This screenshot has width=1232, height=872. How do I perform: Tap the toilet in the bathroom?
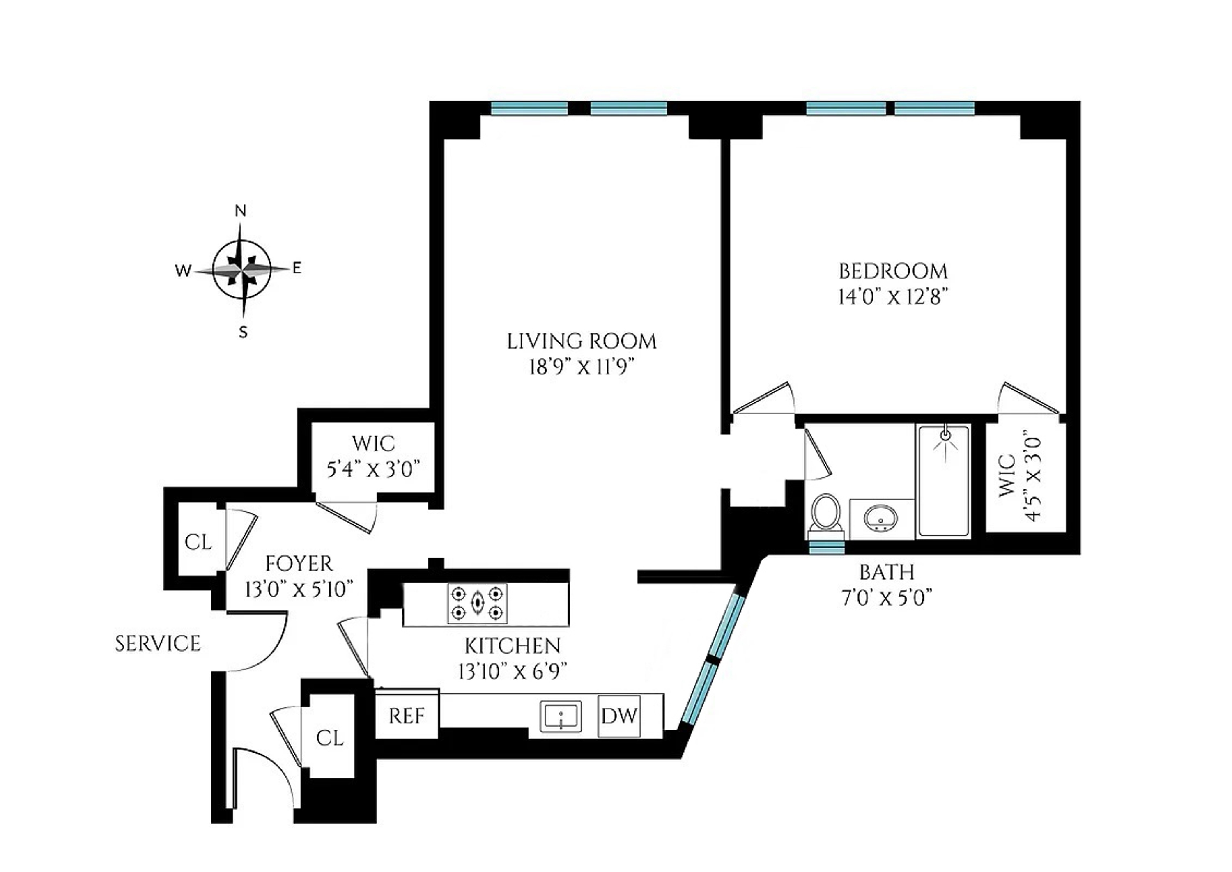[826, 515]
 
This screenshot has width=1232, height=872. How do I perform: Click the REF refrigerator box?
[407, 716]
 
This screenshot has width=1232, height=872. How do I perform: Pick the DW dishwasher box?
[619, 716]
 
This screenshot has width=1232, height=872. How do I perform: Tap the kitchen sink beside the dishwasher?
[561, 716]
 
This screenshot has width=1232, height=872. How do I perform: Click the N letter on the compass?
[241, 211]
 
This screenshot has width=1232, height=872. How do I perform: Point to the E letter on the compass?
[297, 268]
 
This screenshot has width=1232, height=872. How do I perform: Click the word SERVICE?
[158, 643]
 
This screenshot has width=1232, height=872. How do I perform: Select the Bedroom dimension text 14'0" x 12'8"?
[892, 297]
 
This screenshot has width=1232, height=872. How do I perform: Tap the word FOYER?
[299, 564]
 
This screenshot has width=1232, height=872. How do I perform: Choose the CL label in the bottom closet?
[329, 738]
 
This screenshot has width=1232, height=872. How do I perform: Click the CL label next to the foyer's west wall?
[198, 542]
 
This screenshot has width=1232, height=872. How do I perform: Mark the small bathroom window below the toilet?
[827, 547]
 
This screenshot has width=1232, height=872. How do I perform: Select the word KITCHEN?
[513, 645]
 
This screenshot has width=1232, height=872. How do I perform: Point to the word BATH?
[887, 572]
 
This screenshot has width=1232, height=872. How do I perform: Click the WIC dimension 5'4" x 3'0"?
[373, 470]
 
